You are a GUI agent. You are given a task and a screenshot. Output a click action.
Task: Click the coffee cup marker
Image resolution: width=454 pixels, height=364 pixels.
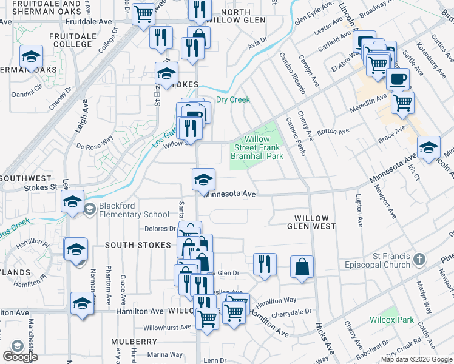tap(398, 79)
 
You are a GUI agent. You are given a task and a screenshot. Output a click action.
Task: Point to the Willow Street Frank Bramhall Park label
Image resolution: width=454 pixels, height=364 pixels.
tap(257, 147)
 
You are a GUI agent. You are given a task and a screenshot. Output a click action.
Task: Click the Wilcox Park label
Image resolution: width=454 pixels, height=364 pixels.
tap(391, 320)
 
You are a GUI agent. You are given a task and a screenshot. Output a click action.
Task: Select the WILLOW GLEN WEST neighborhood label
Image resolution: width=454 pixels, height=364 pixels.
tap(311, 222)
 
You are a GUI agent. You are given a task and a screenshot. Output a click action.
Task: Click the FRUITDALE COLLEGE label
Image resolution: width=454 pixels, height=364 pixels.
tap(73, 40)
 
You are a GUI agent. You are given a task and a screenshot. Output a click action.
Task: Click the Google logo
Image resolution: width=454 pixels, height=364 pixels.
tap(20, 356)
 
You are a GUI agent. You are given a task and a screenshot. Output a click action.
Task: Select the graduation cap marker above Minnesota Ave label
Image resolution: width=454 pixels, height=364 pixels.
tap(203, 179)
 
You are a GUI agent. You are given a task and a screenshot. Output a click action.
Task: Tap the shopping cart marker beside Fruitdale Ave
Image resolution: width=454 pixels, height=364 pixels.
tap(143, 13)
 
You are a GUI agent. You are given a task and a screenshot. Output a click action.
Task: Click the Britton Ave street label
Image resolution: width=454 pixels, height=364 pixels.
tap(333, 131)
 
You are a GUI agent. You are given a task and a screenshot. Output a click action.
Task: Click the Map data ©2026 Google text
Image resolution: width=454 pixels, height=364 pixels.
tap(416, 359)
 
